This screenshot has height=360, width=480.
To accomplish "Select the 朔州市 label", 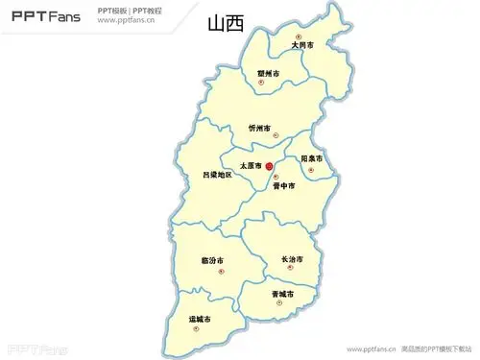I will [x=268, y=74].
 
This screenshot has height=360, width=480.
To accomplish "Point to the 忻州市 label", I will [x=258, y=128].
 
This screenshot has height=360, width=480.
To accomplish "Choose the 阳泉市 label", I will [x=311, y=158].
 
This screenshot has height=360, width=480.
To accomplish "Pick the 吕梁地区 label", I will [x=217, y=175].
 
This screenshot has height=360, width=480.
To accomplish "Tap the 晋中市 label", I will [x=283, y=186].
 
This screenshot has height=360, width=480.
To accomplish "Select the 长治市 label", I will [x=292, y=260].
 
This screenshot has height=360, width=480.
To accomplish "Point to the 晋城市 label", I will [x=282, y=293].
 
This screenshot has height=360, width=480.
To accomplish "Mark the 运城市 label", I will [x=201, y=317].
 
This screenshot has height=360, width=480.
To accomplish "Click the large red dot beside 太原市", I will [x=269, y=166].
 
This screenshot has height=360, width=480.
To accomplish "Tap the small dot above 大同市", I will [x=298, y=37].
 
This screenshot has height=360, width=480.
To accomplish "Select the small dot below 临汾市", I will [x=221, y=271].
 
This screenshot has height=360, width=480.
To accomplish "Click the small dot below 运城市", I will [x=198, y=326].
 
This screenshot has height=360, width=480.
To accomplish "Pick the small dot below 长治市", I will [x=298, y=270].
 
